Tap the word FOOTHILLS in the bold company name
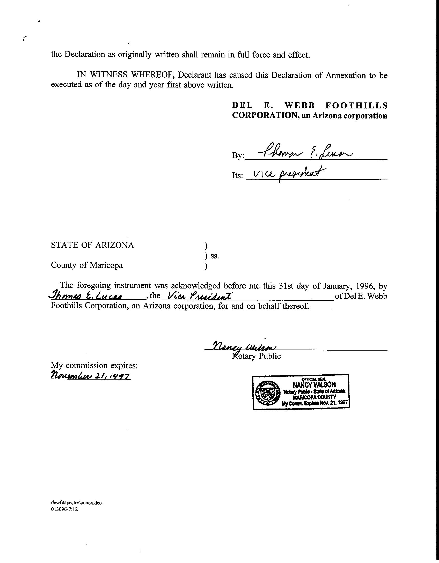point(356,106)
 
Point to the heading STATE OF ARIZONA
point(92,245)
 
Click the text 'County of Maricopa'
point(87,265)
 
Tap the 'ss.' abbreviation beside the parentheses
point(215,256)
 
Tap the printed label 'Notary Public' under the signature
point(257,356)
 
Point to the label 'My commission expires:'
point(94,365)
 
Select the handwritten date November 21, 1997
point(91,375)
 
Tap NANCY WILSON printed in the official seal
point(314,384)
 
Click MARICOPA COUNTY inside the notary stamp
point(314,397)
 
